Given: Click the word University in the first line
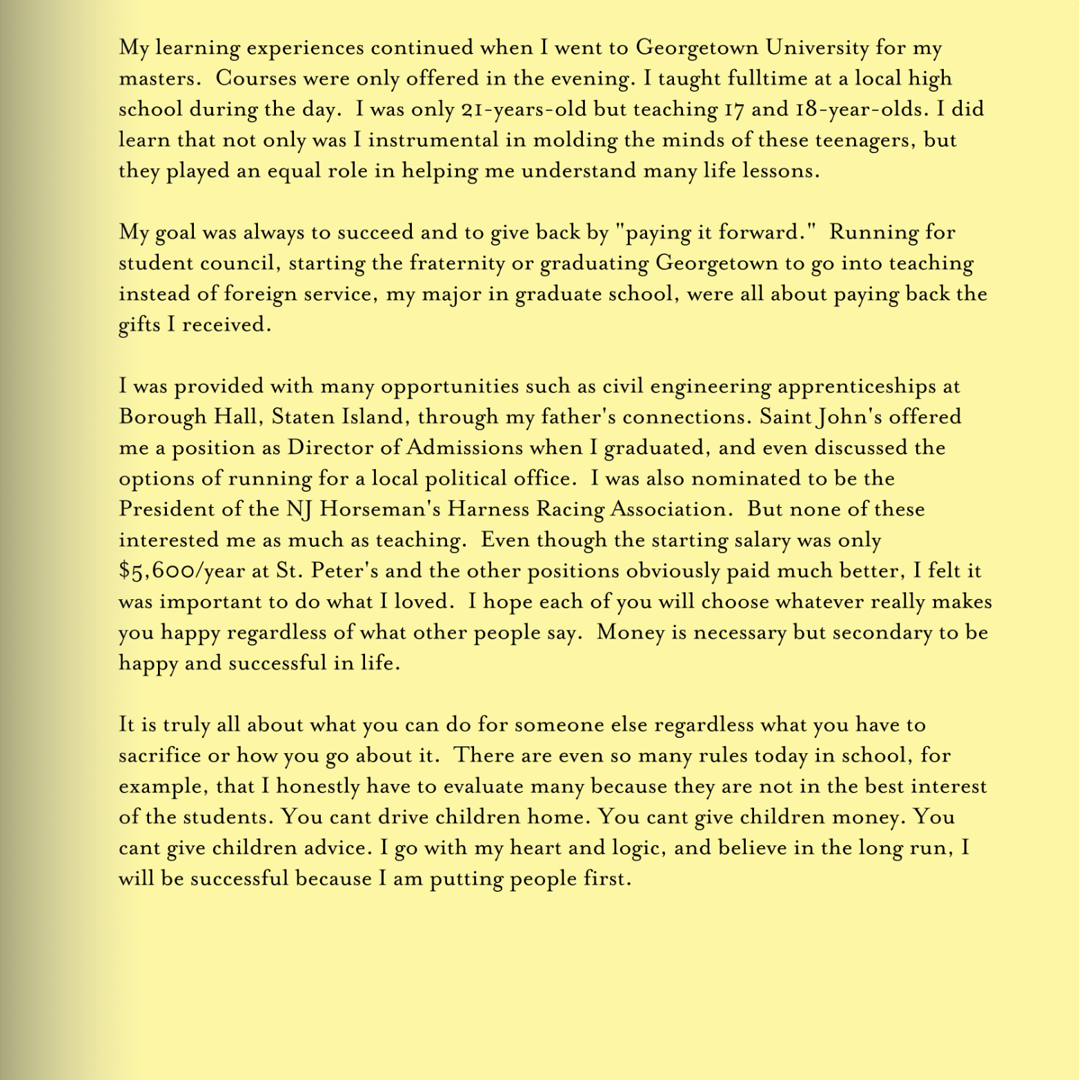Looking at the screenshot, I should [818, 48].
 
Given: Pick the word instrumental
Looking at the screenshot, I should [433, 140].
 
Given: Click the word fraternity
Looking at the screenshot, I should [457, 263].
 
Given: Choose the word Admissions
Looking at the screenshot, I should [464, 448].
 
